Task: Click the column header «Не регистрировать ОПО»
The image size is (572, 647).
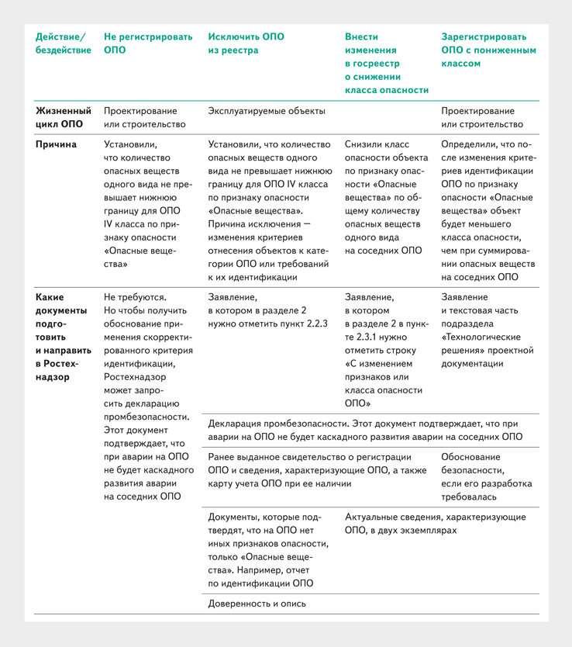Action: [140, 43]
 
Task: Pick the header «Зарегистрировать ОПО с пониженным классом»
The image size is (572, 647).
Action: [488, 50]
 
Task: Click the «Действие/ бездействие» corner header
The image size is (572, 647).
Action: [62, 43]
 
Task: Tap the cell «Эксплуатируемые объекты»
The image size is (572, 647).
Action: [267, 111]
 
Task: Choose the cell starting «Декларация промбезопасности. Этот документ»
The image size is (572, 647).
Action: [364, 431]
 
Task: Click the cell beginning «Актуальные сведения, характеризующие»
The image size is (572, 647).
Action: [435, 524]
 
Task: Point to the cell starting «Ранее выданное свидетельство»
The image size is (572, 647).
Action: [318, 470]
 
